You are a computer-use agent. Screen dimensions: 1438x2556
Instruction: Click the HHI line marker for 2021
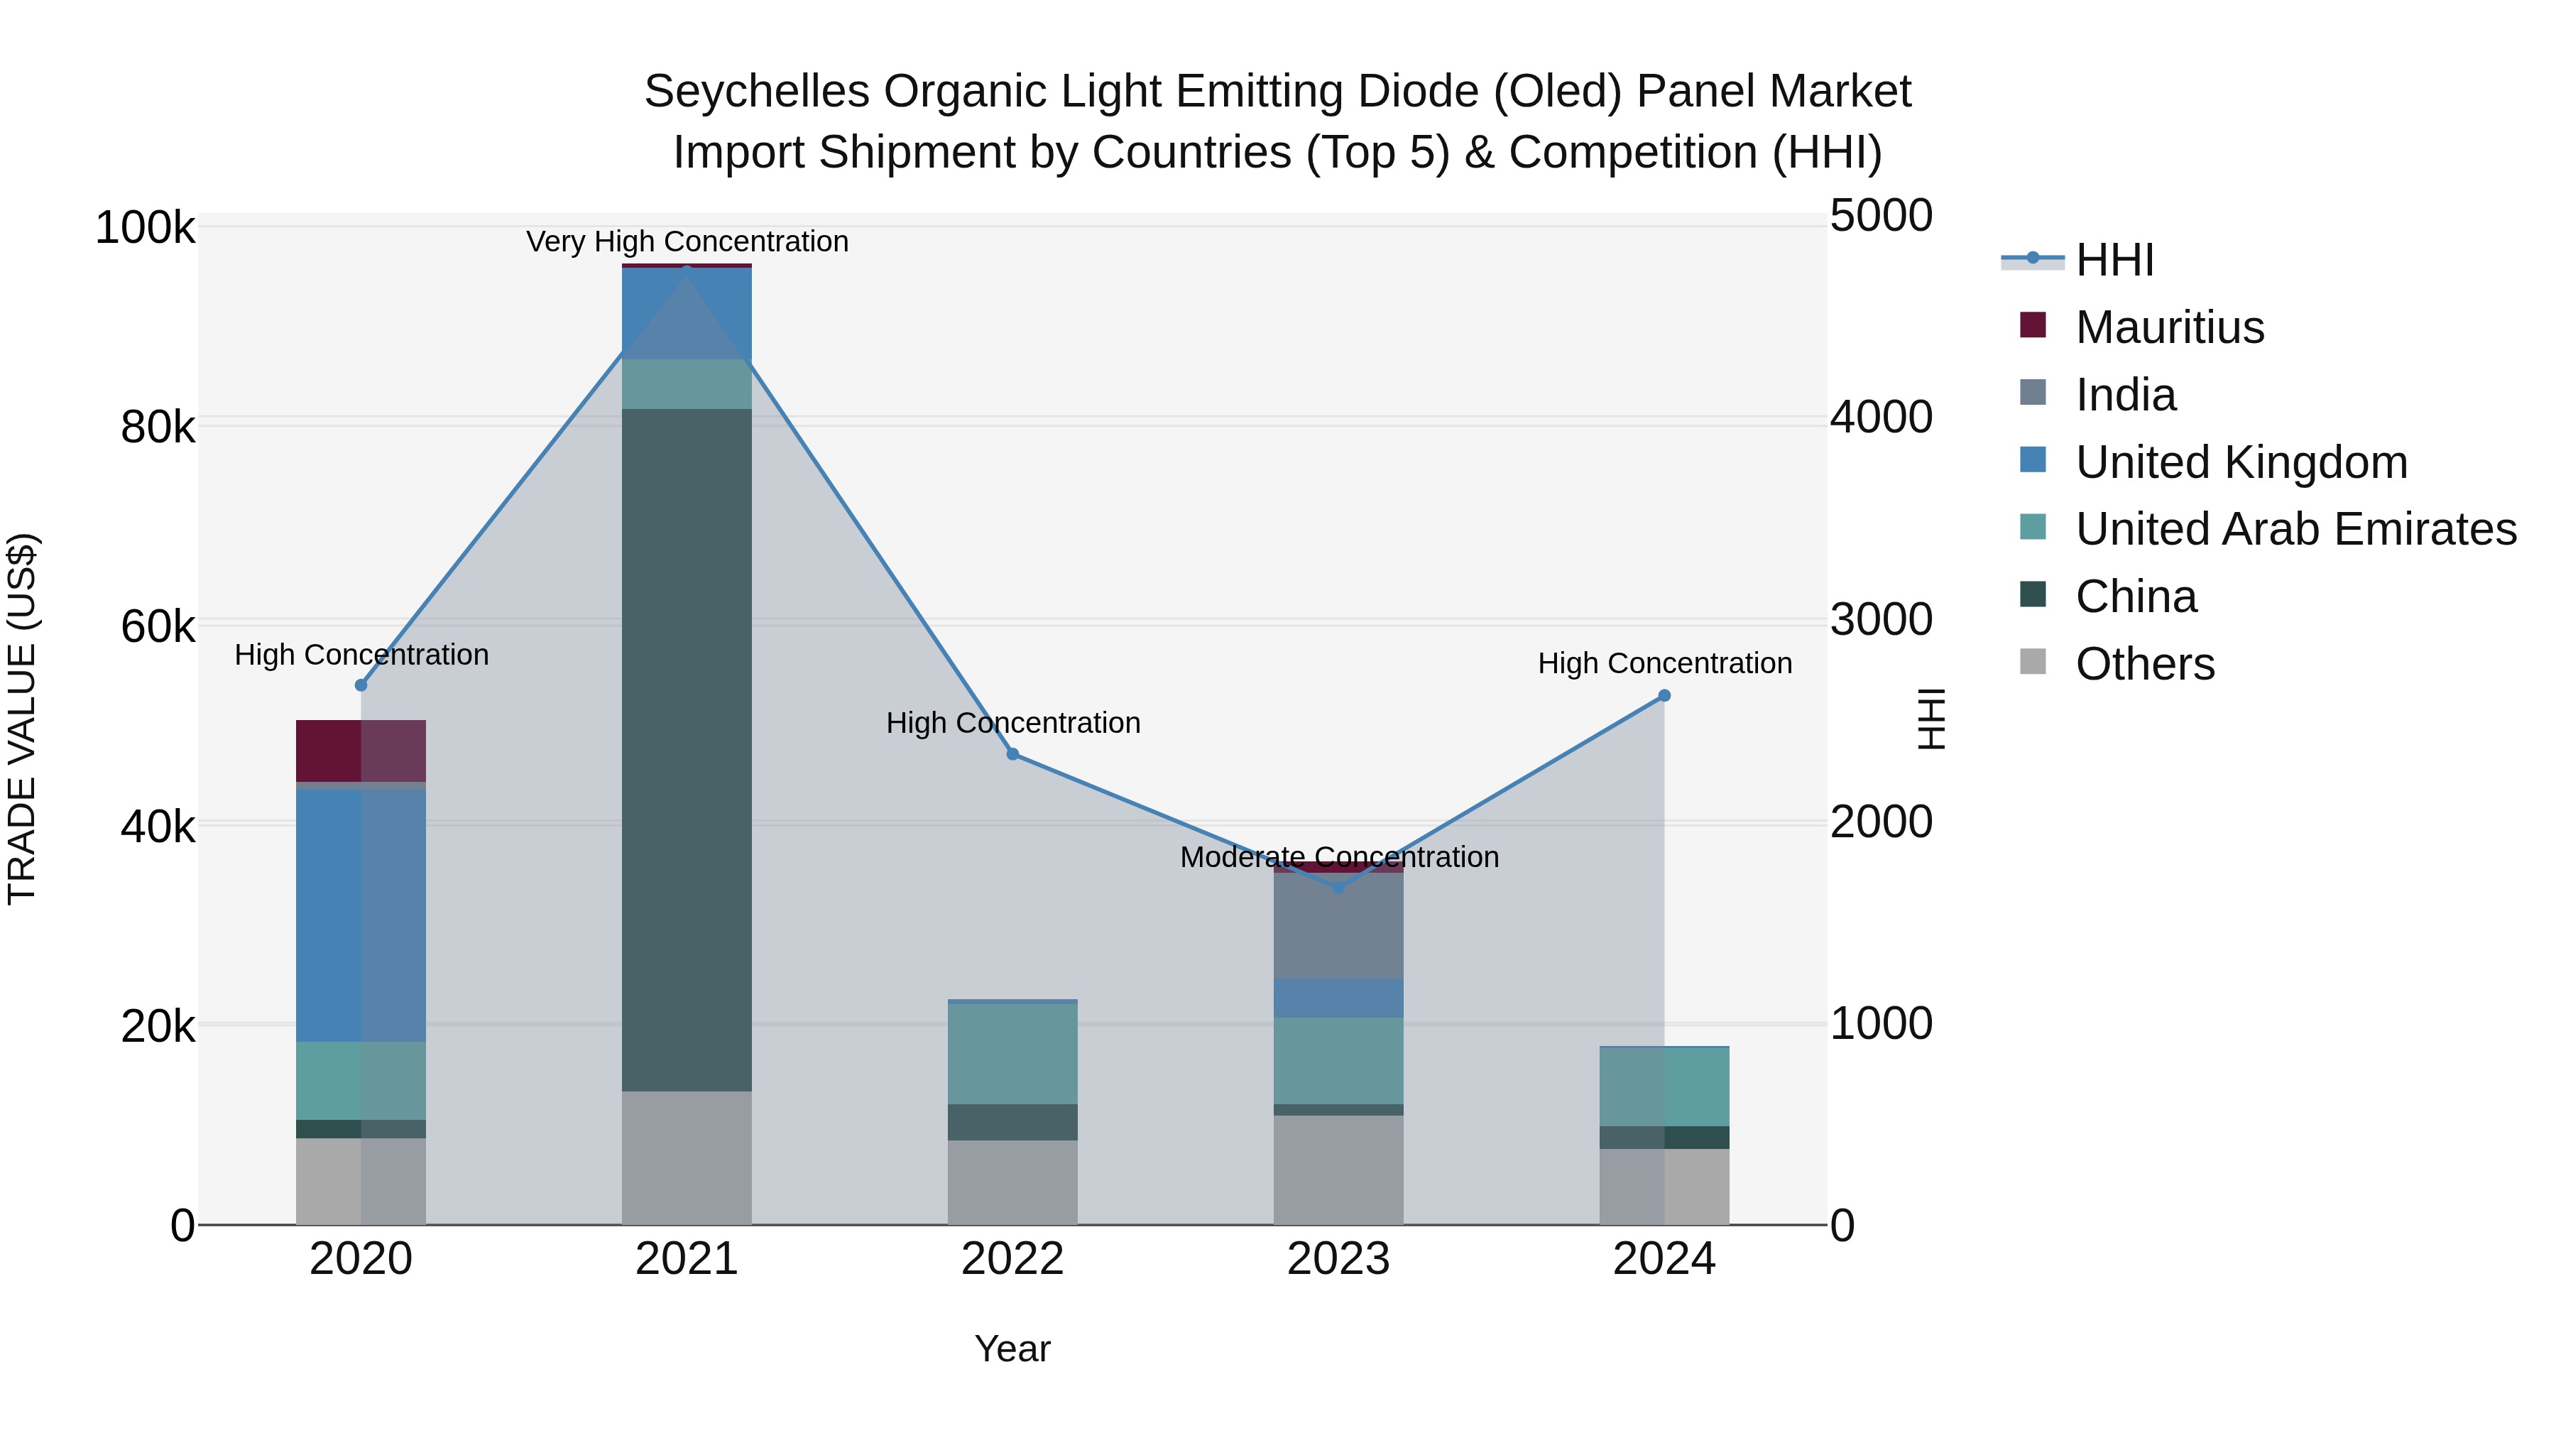[687, 271]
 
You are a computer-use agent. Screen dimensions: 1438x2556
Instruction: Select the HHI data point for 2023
[1338, 887]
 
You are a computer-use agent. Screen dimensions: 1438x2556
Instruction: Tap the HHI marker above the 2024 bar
[1664, 696]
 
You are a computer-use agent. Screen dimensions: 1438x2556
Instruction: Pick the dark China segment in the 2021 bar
[687, 749]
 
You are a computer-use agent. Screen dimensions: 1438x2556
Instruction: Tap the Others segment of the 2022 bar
[1012, 1181]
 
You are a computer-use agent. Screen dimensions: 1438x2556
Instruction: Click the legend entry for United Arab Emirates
[2295, 529]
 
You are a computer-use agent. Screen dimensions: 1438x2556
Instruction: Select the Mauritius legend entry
[2169, 327]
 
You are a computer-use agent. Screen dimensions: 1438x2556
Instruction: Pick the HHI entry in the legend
[2114, 260]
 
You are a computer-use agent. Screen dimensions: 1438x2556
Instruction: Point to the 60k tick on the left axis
[158, 627]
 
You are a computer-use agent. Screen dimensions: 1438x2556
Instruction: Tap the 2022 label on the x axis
[1012, 1259]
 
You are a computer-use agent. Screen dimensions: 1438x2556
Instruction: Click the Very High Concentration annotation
[687, 241]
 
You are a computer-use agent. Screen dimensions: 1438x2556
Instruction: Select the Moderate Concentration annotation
[1338, 856]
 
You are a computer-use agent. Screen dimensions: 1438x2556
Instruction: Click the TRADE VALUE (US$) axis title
[22, 719]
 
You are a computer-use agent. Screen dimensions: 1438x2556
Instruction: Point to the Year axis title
[1012, 1349]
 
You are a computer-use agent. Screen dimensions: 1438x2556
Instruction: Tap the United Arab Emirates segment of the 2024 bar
[1664, 1086]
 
